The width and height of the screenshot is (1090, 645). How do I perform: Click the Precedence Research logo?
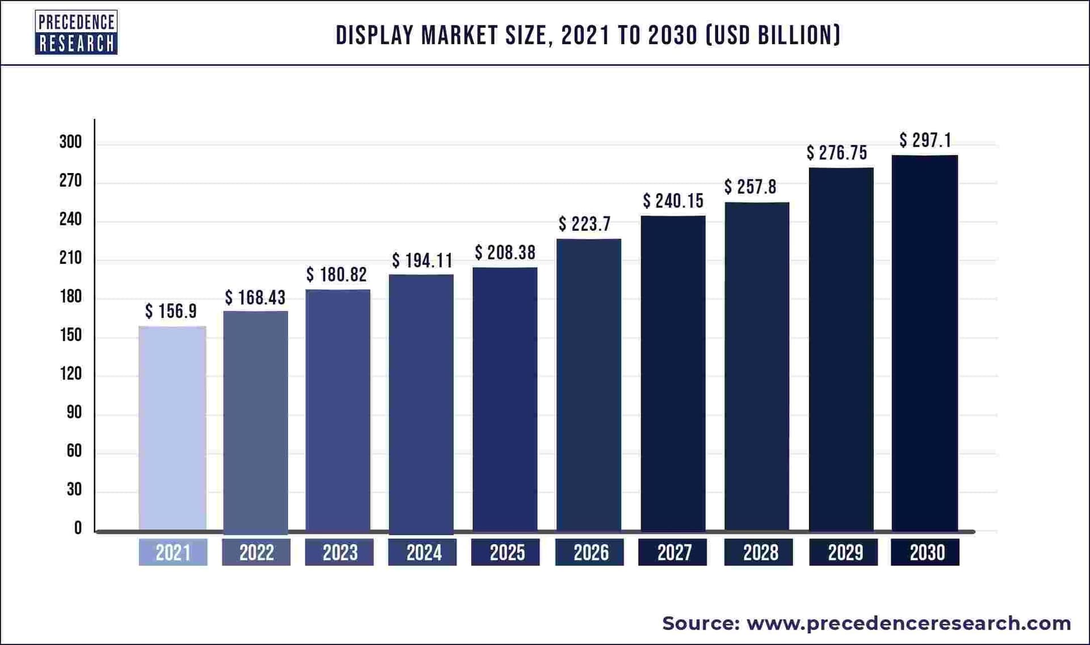(76, 32)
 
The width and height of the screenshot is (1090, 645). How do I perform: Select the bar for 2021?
(173, 428)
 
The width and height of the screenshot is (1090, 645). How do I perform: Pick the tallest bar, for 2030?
(925, 343)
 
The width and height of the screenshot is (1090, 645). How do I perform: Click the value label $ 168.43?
(255, 298)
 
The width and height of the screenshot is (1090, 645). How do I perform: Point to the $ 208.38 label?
(505, 252)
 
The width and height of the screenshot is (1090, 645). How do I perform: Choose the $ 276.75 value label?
(837, 153)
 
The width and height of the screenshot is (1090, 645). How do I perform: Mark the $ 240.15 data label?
(673, 201)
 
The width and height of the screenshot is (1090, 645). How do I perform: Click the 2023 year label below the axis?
(339, 553)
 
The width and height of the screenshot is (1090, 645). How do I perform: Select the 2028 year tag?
(758, 553)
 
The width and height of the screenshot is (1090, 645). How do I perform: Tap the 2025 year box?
(506, 553)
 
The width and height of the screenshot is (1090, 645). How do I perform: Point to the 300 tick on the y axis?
(71, 142)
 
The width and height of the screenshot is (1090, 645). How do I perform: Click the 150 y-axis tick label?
(71, 335)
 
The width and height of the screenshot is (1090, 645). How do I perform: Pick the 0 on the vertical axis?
(78, 528)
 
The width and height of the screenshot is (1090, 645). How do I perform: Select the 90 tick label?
(74, 412)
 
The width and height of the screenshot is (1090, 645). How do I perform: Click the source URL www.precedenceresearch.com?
(908, 623)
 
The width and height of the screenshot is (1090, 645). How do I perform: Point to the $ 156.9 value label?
(171, 311)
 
